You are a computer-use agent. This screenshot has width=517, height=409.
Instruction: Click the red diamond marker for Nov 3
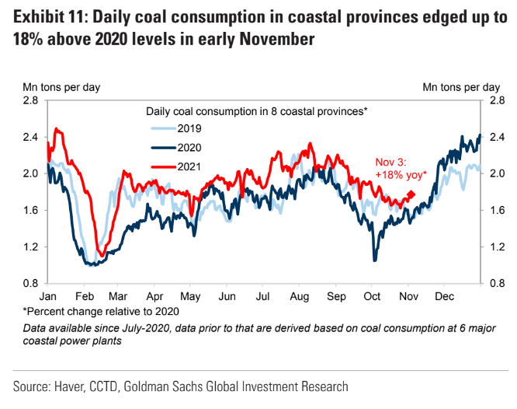(x=411, y=195)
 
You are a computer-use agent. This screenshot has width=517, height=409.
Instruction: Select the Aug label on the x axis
(x=299, y=297)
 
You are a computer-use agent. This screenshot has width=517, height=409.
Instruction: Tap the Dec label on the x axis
(x=445, y=297)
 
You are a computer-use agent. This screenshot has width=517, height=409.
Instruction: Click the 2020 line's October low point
(x=375, y=260)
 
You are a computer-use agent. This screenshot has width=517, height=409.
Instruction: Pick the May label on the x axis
(x=191, y=297)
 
